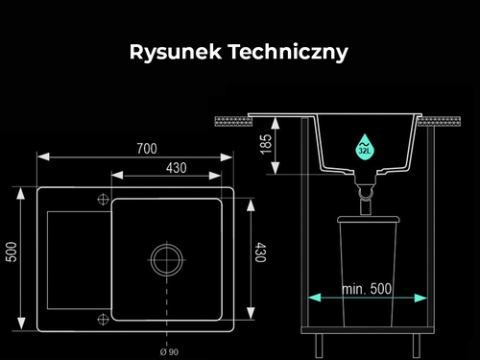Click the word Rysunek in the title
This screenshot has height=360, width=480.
[176, 52]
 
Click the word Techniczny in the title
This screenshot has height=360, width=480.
[288, 52]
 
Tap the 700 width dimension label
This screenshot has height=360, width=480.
[147, 149]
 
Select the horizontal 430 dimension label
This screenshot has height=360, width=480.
[177, 168]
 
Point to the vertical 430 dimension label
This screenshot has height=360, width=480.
[260, 252]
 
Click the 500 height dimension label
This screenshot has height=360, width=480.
[12, 252]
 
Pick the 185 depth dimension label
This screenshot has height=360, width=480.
[266, 144]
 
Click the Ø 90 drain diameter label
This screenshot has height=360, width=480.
[169, 352]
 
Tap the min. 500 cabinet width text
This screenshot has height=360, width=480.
[367, 289]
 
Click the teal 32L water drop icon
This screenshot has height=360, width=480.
[365, 147]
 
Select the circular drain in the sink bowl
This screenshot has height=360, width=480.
[167, 260]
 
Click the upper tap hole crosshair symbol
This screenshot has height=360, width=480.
[103, 200]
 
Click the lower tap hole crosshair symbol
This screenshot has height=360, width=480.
[103, 319]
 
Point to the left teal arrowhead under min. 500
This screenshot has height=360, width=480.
[315, 298]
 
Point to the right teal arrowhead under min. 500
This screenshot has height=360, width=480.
[420, 298]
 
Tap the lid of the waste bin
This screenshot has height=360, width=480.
[369, 219]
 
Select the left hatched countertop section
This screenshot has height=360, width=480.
[233, 122]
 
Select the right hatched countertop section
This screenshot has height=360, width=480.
[439, 122]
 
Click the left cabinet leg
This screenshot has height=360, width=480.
[319, 346]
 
